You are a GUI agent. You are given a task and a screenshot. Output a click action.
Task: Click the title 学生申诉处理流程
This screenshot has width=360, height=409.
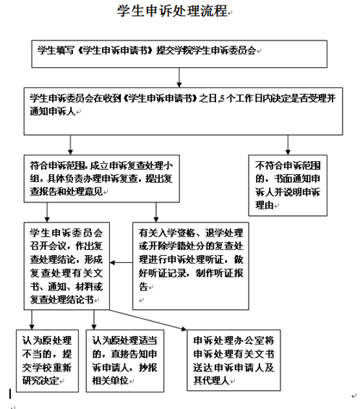(172, 11)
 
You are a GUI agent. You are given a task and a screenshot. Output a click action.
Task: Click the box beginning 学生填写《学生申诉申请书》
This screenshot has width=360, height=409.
(179, 54)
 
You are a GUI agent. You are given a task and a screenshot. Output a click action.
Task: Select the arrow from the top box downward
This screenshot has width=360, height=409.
(179, 78)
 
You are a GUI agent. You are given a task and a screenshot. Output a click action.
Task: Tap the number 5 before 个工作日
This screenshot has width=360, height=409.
(222, 98)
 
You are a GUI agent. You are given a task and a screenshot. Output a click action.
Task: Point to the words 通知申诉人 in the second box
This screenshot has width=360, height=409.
(53, 111)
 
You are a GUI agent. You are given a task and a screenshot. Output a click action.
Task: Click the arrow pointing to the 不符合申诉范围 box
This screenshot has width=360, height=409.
(288, 145)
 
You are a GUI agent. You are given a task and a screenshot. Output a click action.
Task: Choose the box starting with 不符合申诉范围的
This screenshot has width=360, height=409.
(288, 186)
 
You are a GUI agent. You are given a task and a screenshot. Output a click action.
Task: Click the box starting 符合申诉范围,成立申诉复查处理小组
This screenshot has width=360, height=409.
(102, 178)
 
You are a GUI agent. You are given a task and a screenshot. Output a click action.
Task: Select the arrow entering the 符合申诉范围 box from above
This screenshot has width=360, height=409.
(70, 145)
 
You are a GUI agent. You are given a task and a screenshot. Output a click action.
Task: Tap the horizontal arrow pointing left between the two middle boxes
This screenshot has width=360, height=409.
(121, 262)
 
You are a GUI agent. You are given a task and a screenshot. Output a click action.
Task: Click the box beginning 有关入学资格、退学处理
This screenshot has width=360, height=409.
(191, 266)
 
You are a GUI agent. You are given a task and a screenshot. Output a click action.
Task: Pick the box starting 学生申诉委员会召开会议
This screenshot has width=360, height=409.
(67, 266)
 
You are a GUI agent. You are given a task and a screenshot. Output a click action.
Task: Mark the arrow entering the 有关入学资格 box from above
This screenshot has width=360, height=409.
(156, 212)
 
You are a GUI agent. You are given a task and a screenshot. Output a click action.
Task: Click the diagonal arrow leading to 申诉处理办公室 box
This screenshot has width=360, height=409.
(148, 320)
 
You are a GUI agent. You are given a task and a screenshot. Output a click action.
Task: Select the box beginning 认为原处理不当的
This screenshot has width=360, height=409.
(47, 361)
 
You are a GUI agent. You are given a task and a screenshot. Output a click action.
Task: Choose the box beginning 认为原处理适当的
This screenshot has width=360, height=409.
(125, 361)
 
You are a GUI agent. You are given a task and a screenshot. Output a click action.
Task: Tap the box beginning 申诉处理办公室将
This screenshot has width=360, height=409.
(233, 360)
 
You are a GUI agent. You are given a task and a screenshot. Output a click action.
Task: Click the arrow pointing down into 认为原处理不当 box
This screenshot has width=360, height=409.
(32, 320)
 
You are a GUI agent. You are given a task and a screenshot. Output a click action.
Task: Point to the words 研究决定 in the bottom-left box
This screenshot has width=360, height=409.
(40, 381)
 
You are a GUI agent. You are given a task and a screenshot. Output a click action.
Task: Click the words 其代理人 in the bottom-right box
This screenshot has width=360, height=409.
(211, 381)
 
